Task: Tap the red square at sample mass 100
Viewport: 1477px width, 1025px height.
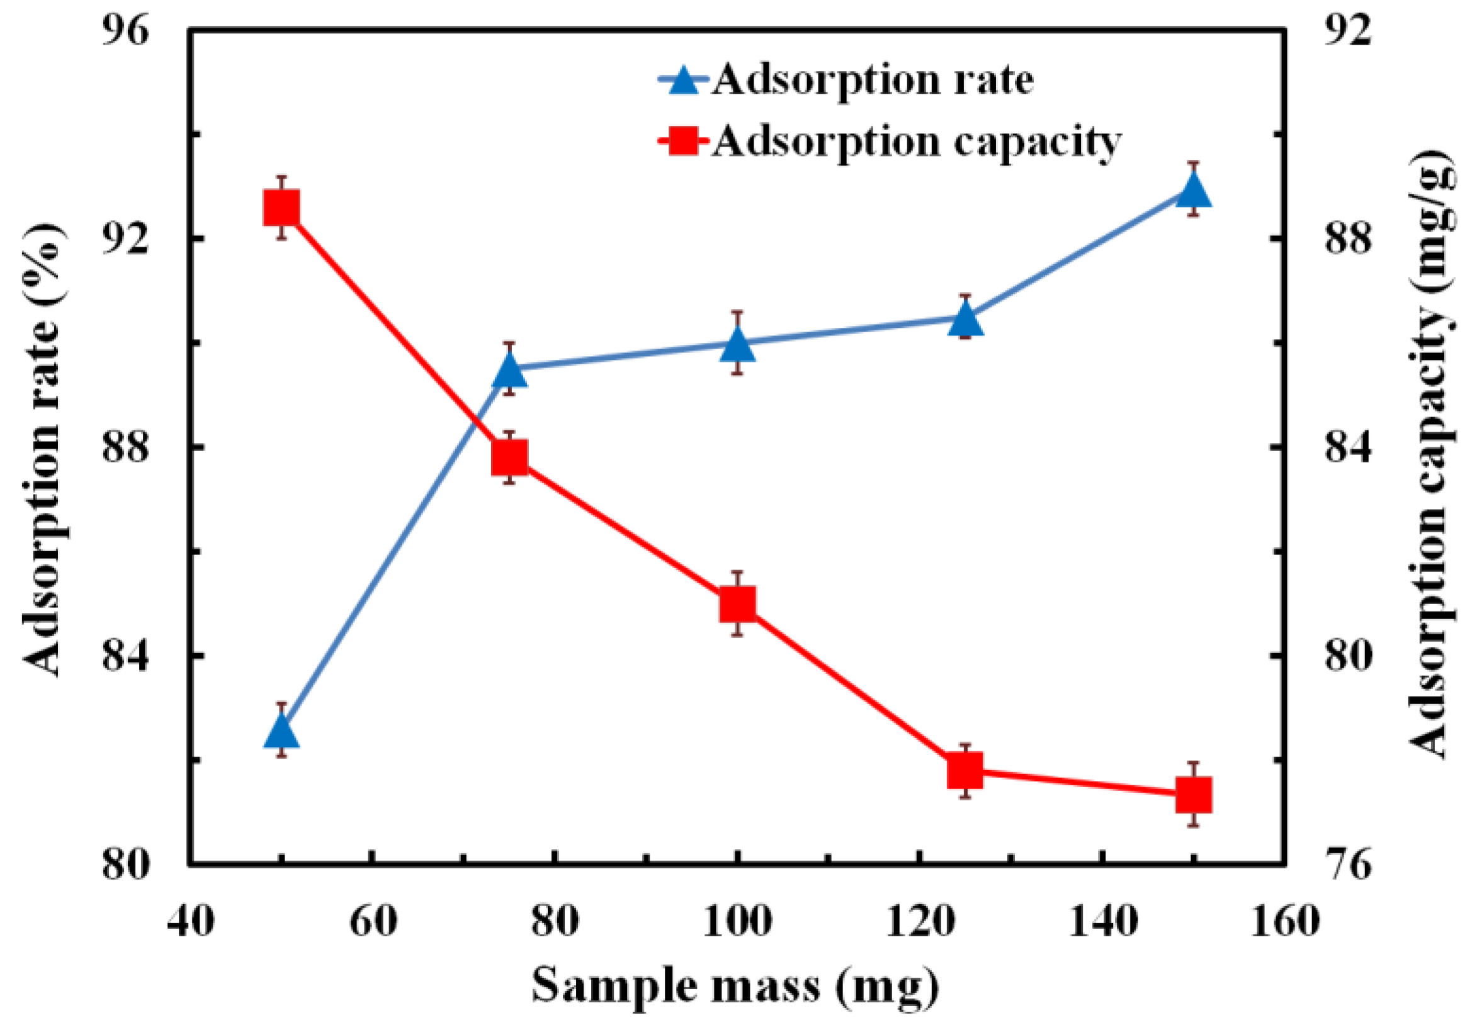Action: (737, 604)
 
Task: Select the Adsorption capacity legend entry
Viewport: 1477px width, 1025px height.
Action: (890, 141)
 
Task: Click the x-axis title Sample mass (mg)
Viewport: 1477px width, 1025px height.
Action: (735, 986)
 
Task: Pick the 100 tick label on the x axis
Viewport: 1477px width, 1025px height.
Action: (737, 922)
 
